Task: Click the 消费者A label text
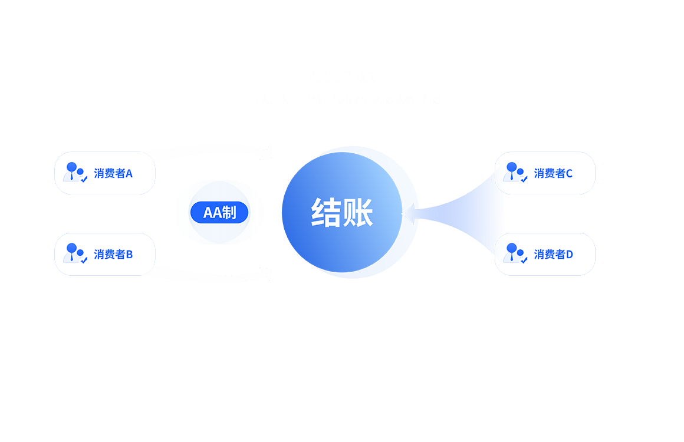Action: (113, 173)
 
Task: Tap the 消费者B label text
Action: (113, 255)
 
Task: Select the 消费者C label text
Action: (553, 173)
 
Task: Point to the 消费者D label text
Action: (553, 255)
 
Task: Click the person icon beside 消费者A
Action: (75, 172)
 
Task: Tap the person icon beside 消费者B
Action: (75, 253)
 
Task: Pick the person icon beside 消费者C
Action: (515, 172)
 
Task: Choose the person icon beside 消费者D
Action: (515, 253)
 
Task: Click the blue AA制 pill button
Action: (219, 212)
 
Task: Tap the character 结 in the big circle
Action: (325, 212)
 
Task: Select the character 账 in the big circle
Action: (358, 212)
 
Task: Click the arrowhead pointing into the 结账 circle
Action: (408, 213)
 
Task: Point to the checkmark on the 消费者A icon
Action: (84, 179)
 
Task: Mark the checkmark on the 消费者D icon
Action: (524, 260)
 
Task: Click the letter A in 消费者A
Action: (129, 173)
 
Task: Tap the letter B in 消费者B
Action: (129, 255)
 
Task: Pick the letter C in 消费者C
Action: (569, 173)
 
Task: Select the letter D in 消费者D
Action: (569, 255)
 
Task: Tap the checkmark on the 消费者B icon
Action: (84, 260)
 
